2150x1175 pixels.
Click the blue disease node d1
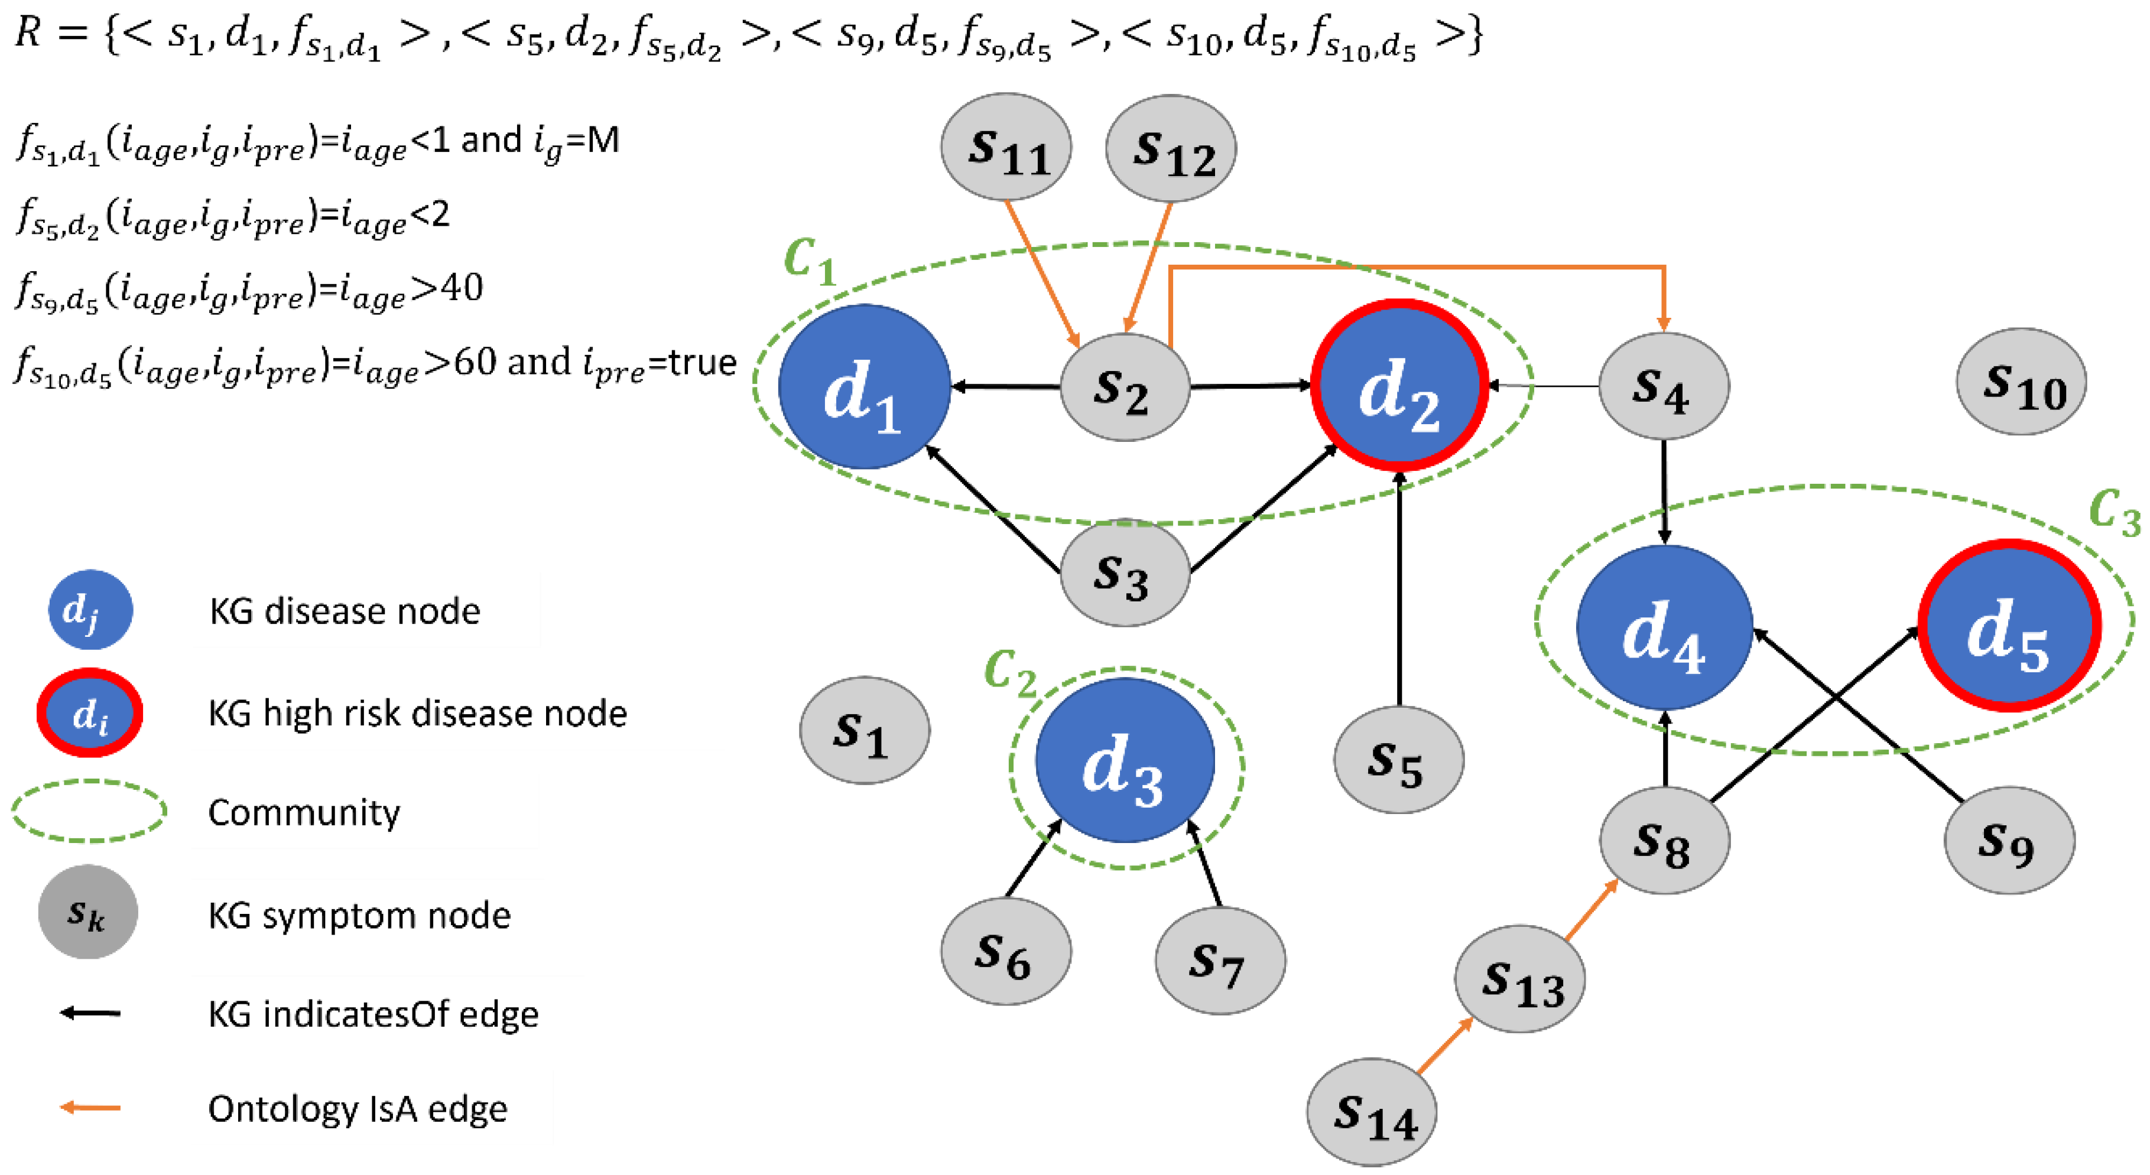coord(864,386)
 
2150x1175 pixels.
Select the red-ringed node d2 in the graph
coord(1399,386)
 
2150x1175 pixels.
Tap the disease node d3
coord(1124,760)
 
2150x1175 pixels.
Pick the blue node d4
coord(1664,627)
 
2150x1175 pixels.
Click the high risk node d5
coord(2008,626)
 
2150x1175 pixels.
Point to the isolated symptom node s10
coord(2021,382)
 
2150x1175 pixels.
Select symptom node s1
coord(864,730)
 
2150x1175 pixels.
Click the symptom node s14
coord(1371,1112)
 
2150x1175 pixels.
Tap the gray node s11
coord(1006,147)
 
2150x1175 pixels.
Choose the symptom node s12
coord(1170,148)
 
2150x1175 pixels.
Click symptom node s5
coord(1398,760)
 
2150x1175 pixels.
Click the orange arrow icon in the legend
coord(90,1108)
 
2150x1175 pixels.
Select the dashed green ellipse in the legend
coord(89,811)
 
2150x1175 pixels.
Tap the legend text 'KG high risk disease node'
coord(417,714)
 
